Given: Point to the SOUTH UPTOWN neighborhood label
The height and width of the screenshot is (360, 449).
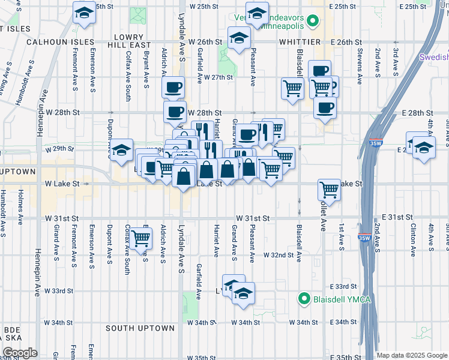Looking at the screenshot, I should [x=140, y=328].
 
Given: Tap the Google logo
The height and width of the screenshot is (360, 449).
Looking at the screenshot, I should [x=20, y=353].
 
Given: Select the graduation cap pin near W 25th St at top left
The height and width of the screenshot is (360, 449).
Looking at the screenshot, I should [x=83, y=12].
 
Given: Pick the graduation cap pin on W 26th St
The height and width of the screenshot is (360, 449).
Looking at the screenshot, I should [x=239, y=38].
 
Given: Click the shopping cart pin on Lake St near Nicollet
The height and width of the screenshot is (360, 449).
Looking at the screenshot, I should [x=329, y=190].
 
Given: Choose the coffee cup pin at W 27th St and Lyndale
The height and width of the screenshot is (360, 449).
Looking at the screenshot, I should [x=173, y=88].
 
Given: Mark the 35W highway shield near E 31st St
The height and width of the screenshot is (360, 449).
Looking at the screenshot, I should [x=365, y=238].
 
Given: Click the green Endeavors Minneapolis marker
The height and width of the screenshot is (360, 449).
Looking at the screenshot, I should [x=313, y=23].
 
